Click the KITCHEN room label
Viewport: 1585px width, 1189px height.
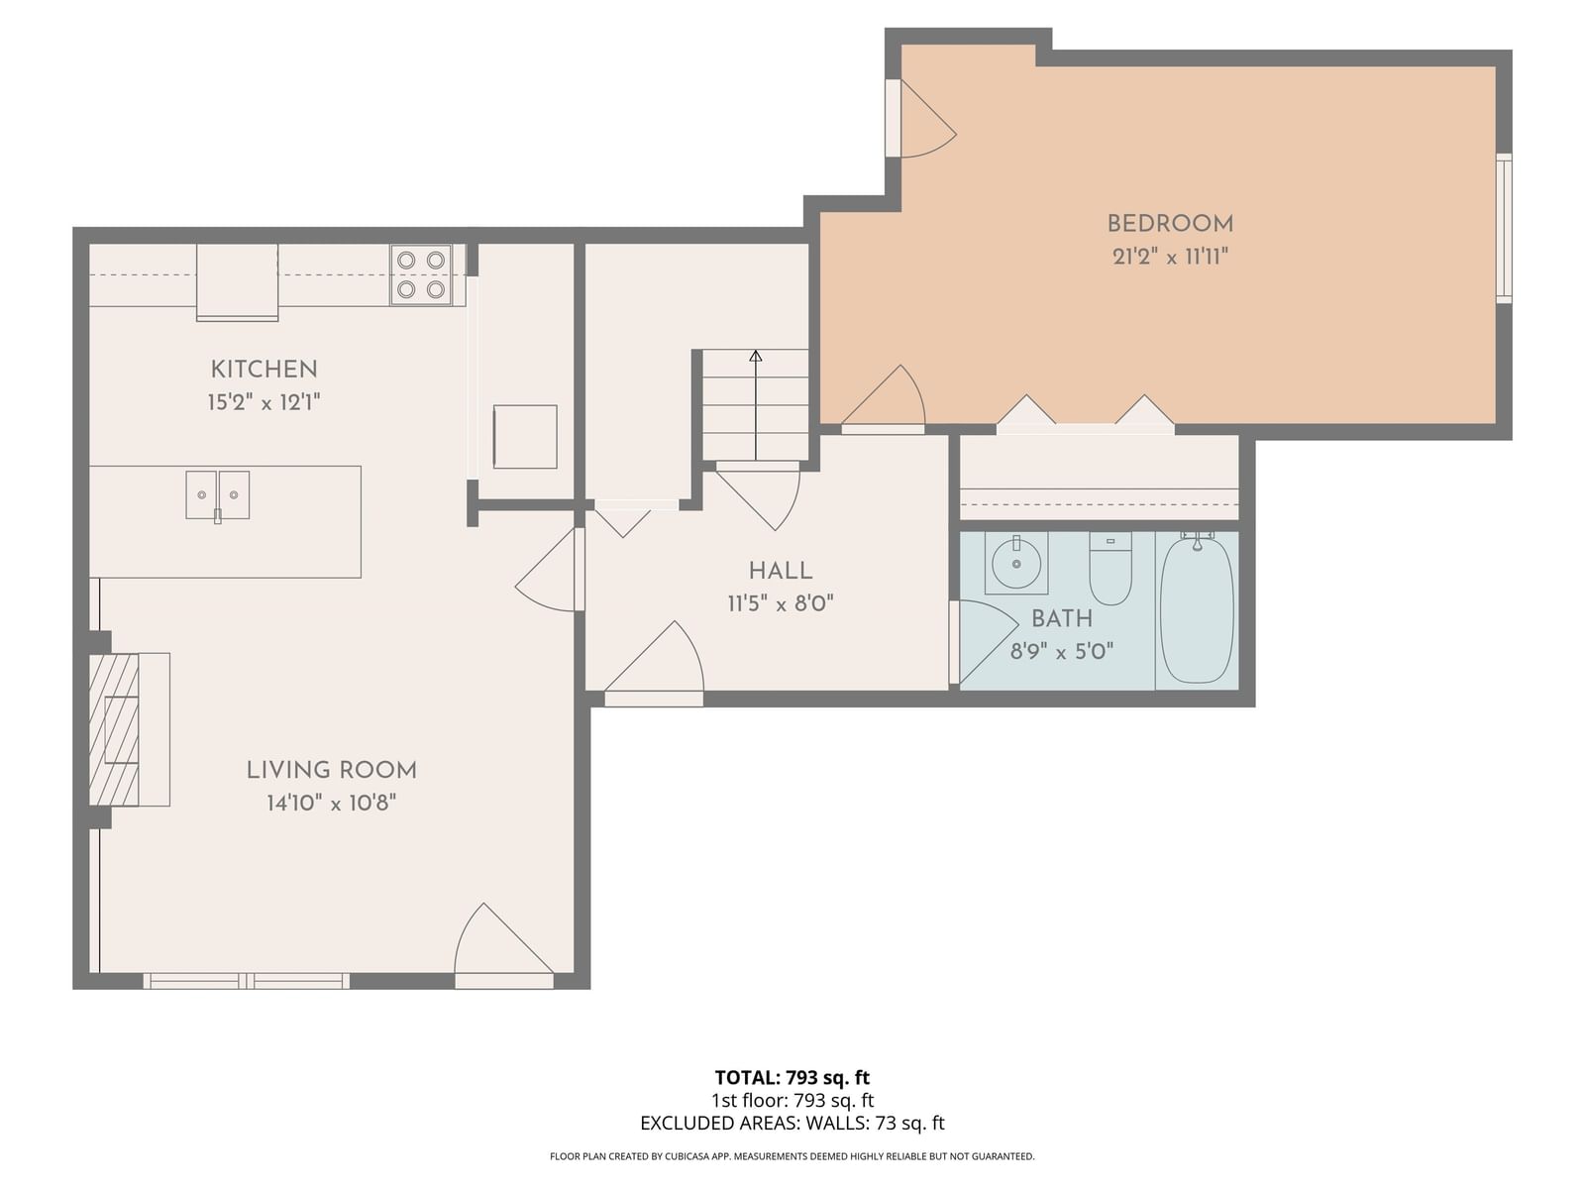[264, 370]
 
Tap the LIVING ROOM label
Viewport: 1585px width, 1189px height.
[332, 770]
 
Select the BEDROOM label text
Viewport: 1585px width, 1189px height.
[1170, 224]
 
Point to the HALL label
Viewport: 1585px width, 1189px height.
[781, 571]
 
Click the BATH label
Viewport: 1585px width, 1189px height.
[1062, 618]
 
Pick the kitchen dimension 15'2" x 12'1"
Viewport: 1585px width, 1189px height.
[264, 402]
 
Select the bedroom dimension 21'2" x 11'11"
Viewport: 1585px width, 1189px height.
[1170, 257]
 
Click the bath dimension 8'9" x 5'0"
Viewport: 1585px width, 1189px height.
[1062, 652]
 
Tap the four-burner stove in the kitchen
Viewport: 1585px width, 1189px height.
[421, 274]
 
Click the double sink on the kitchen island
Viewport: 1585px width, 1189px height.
[217, 496]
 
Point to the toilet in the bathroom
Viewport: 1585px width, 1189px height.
[1109, 569]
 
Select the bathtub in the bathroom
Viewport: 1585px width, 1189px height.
[1197, 607]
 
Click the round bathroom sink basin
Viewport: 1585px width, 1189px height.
[1016, 564]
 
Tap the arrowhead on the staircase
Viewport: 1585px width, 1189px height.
[755, 355]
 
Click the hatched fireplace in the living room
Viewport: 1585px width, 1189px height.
[114, 729]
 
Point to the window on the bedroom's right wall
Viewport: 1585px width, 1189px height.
[1504, 228]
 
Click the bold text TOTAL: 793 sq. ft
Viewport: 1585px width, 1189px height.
[792, 1078]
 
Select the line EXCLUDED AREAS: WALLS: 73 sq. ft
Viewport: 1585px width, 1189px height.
[792, 1124]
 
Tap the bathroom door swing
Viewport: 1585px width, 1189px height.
[984, 641]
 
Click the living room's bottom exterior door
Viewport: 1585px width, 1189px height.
[504, 945]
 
